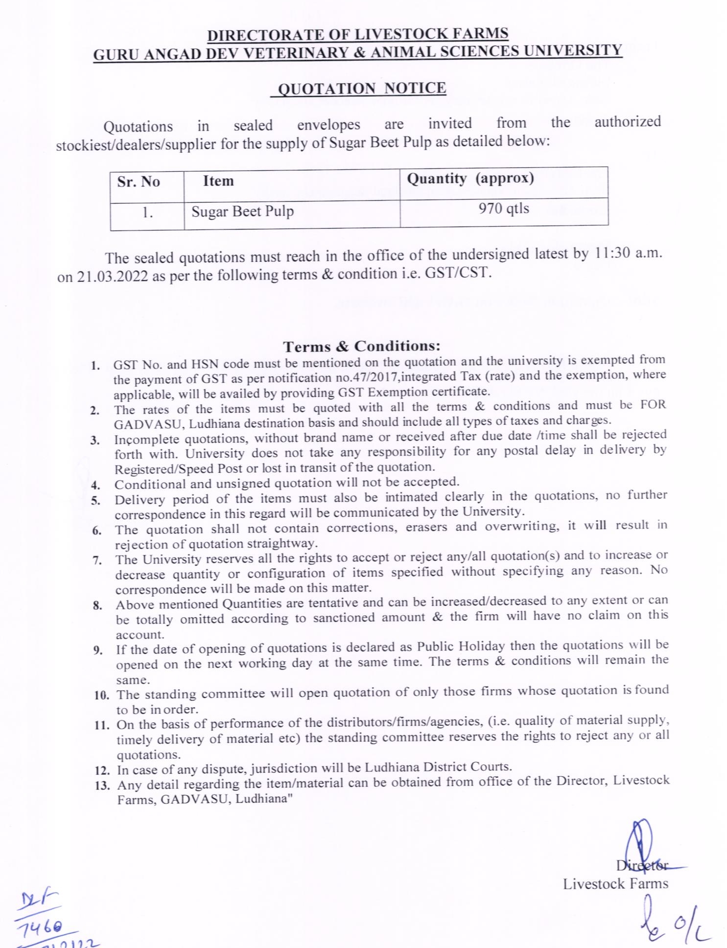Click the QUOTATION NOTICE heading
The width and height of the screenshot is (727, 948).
(x=361, y=89)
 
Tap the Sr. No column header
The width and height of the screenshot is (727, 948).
(x=139, y=182)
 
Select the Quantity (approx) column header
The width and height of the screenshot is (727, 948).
(x=470, y=178)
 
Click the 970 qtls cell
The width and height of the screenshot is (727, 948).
(x=504, y=209)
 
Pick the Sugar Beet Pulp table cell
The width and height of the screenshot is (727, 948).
(x=242, y=212)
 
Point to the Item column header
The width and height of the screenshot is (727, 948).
(x=218, y=181)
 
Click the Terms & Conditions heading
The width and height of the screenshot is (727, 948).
(x=361, y=347)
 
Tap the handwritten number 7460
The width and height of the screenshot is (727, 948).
(x=46, y=927)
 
